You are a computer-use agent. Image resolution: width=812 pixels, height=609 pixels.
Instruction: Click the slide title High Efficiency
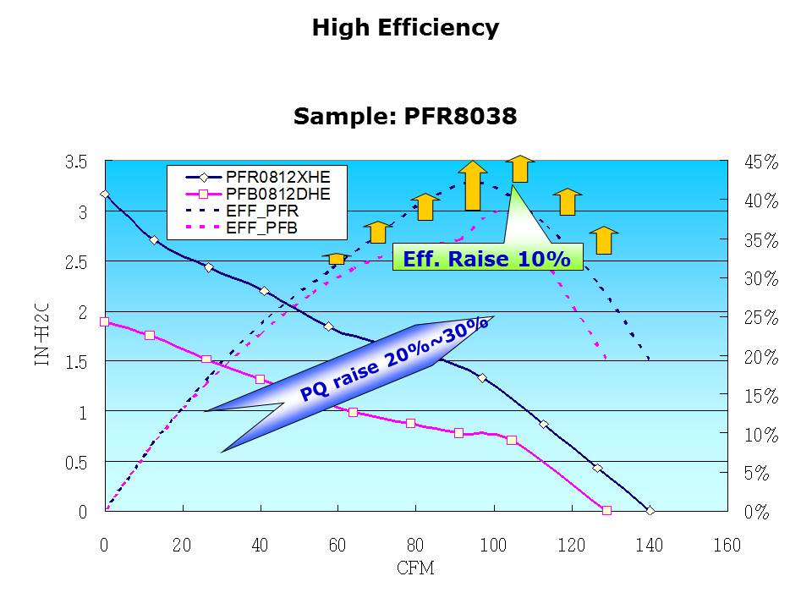(x=405, y=28)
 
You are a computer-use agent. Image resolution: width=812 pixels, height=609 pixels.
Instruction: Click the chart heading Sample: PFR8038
(x=405, y=117)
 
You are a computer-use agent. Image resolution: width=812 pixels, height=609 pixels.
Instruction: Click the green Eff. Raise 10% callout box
(x=487, y=259)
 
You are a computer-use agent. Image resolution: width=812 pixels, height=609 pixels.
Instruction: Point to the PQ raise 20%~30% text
(x=394, y=359)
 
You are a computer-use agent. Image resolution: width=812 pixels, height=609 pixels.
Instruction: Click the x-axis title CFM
(x=415, y=568)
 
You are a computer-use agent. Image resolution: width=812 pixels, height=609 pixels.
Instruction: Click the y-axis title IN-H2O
(x=41, y=336)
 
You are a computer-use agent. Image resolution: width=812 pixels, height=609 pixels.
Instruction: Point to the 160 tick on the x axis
(x=727, y=546)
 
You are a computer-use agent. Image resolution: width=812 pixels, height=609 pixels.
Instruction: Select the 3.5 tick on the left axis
(x=77, y=162)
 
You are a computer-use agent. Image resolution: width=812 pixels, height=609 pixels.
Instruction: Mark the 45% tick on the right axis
(x=760, y=162)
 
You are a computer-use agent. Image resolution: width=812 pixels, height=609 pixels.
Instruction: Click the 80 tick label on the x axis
(x=415, y=546)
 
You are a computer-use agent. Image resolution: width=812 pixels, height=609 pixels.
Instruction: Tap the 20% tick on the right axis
(x=760, y=357)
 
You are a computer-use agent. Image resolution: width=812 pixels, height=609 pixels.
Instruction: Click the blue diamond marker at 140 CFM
(x=650, y=511)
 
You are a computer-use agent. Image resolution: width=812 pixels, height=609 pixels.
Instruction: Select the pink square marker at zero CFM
(x=104, y=321)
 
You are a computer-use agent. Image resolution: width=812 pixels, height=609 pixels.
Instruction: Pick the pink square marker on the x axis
(x=606, y=511)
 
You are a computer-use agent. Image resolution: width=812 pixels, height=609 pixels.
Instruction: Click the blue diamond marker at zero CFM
(x=104, y=195)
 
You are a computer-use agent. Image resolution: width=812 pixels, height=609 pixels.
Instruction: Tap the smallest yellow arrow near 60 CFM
(x=337, y=258)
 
